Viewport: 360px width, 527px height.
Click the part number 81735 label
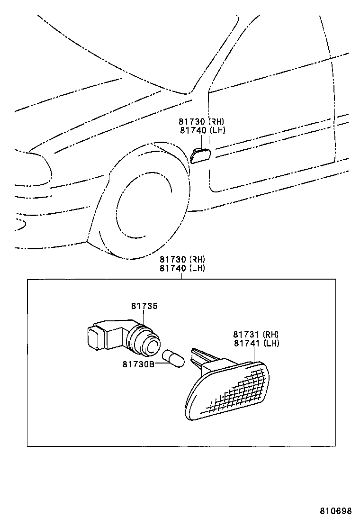144,307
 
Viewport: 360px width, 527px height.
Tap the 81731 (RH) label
255,334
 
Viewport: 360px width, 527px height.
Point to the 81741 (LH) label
255,343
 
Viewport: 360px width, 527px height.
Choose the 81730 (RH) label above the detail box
182,259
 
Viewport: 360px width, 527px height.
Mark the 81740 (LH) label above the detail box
182,268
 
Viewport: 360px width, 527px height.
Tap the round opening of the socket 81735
152,347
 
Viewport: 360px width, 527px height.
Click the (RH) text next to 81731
270,334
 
